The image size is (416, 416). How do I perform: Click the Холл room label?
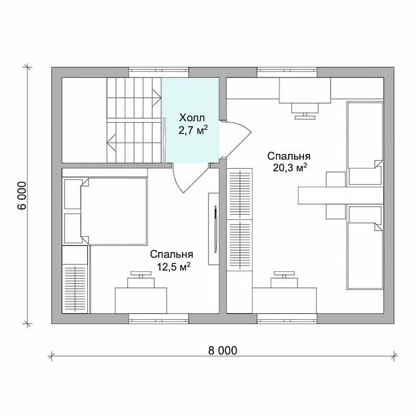[192, 117]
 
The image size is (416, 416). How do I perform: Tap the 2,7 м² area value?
[193, 130]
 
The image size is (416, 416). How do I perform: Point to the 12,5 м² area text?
[174, 266]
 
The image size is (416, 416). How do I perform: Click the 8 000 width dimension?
[223, 351]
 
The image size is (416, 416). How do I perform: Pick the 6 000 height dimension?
[23, 195]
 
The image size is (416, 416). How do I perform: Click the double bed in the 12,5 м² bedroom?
[113, 211]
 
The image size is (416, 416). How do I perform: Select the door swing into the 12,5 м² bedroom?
[190, 178]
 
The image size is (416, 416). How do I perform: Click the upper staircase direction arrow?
[157, 98]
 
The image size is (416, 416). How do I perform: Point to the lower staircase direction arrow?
[112, 143]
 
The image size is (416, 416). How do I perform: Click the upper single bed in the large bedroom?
[365, 143]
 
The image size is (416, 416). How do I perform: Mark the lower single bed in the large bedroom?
[365, 247]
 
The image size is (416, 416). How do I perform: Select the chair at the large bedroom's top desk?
[305, 111]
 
